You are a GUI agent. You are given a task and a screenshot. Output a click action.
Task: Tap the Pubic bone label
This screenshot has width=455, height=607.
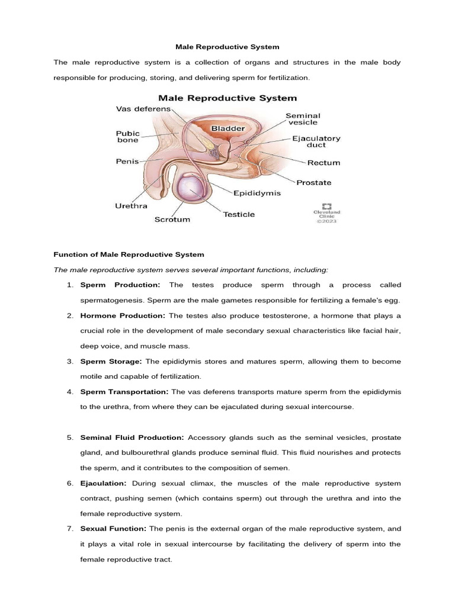coord(127,137)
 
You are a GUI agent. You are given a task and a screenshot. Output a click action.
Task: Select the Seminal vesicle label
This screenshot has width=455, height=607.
coord(303,119)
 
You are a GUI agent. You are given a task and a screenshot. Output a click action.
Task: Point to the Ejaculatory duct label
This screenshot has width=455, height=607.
coord(316,142)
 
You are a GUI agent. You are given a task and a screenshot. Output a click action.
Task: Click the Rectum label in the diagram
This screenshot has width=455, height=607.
coord(323,162)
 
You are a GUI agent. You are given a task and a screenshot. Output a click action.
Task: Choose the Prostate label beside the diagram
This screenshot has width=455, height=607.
coord(315,183)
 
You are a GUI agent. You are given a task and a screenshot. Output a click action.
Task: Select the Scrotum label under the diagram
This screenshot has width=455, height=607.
coord(172,219)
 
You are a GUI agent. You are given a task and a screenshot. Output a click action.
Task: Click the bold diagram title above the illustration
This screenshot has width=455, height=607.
coord(227,98)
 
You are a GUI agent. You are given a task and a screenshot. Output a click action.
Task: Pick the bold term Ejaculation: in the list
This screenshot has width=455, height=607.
coord(104,483)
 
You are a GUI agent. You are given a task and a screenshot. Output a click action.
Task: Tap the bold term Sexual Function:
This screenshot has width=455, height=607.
coord(113,529)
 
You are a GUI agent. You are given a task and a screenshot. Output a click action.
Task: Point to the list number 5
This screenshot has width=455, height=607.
coord(69,437)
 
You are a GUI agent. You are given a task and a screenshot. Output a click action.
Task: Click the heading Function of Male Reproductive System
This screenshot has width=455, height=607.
coord(129,254)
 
